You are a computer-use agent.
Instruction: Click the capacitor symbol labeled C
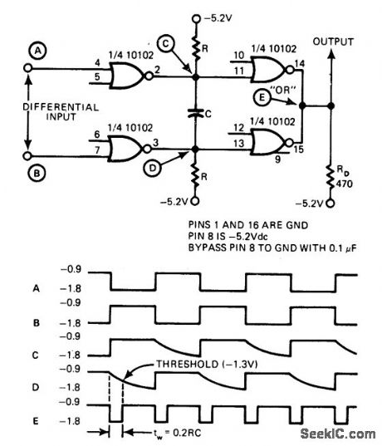coord(196,114)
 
